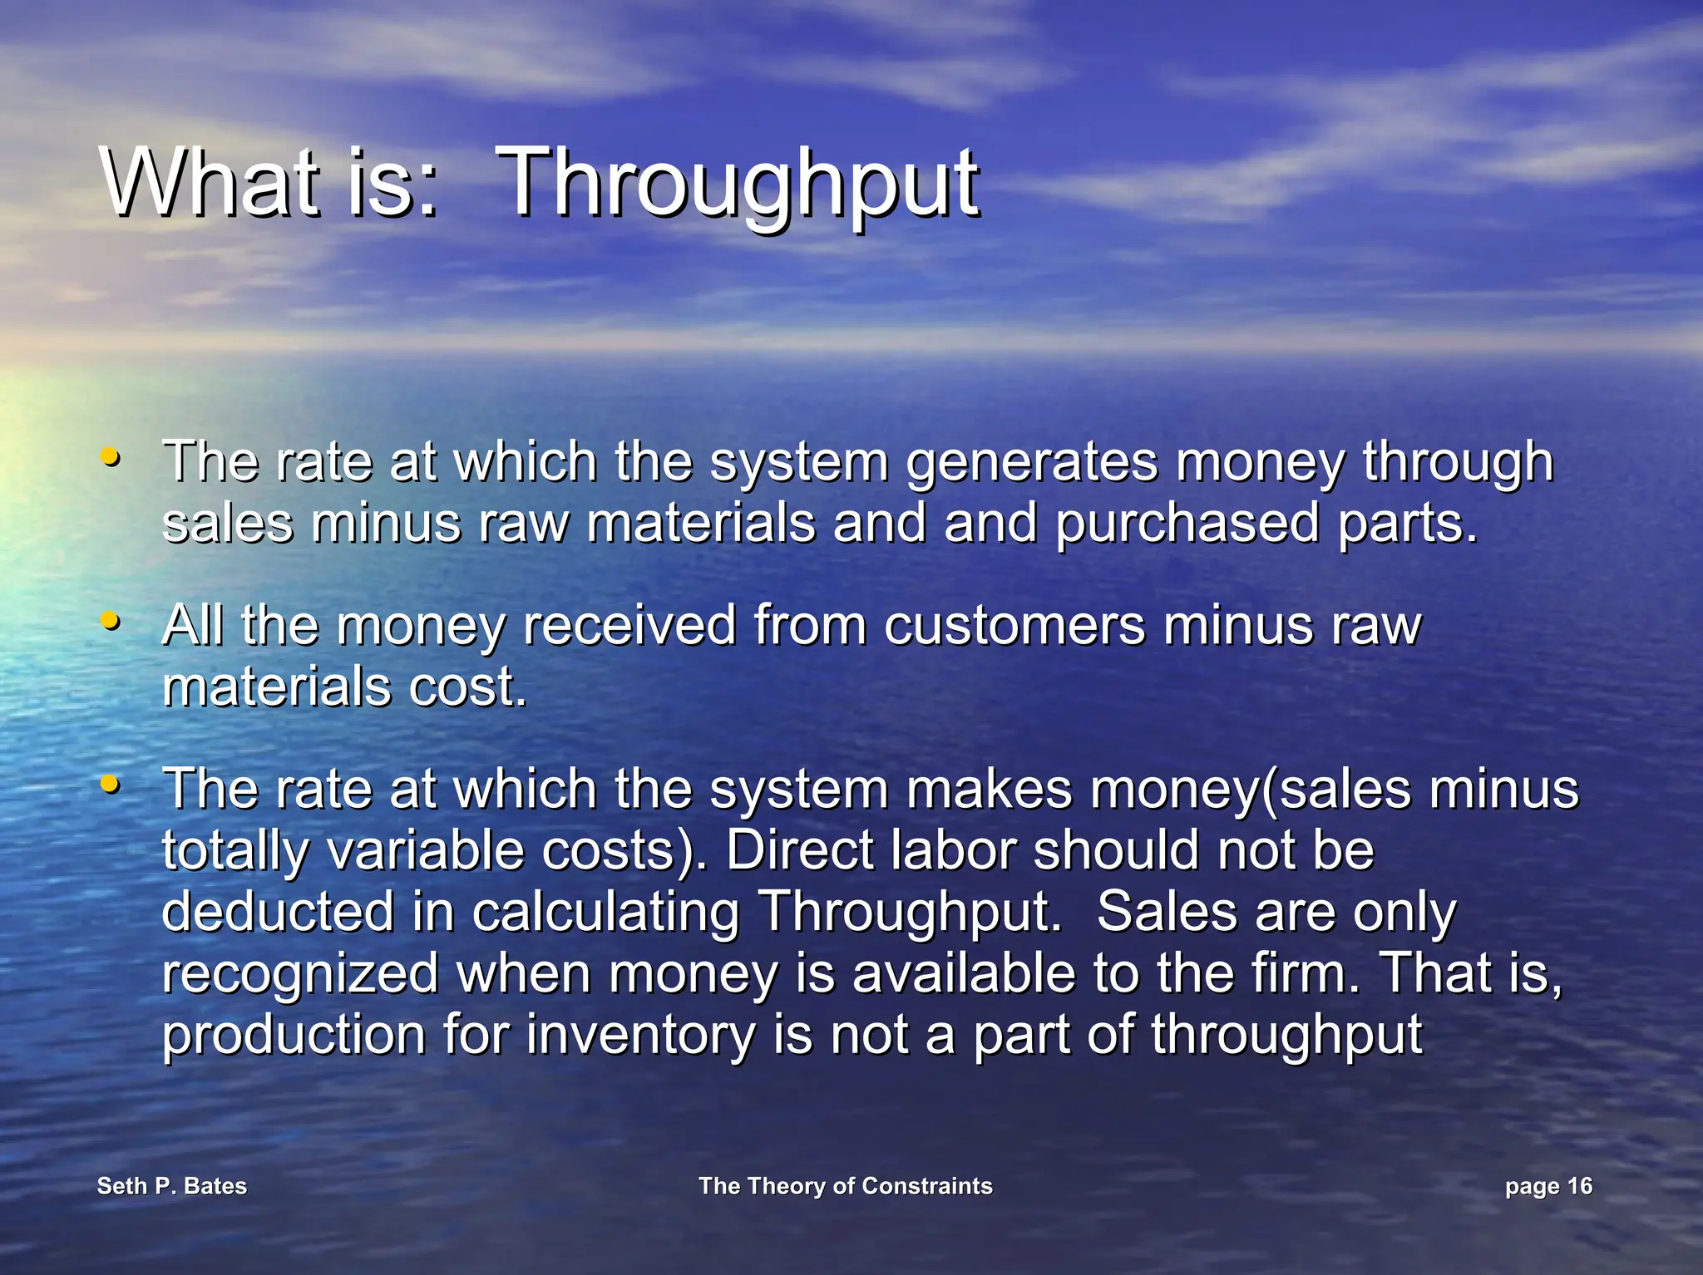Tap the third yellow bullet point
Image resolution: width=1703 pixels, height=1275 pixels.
110,784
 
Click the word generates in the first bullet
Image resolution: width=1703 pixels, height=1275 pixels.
1031,464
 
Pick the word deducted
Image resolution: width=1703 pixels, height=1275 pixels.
278,912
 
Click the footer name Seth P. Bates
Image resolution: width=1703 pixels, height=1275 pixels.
172,1186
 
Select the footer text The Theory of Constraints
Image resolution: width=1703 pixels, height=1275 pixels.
846,1186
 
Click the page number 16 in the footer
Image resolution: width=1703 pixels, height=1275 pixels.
1579,1186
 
